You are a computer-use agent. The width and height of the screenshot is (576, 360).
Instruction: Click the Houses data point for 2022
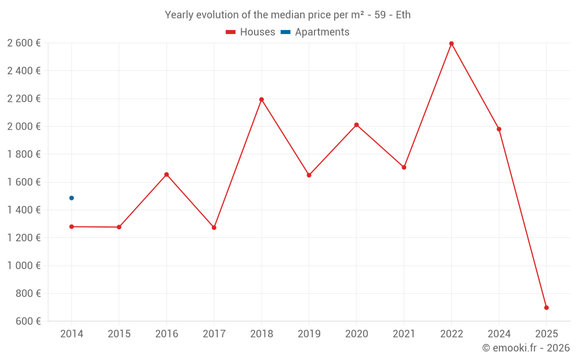pyautogui.click(x=451, y=44)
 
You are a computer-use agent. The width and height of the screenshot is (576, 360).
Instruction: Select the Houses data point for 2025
pyautogui.click(x=546, y=308)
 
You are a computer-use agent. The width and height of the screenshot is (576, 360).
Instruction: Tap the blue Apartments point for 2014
pyautogui.click(x=71, y=198)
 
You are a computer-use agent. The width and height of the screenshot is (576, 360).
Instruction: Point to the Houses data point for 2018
pyautogui.click(x=262, y=100)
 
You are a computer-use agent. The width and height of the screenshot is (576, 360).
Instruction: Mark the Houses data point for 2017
pyautogui.click(x=214, y=228)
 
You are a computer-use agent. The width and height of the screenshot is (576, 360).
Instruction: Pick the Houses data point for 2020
pyautogui.click(x=357, y=125)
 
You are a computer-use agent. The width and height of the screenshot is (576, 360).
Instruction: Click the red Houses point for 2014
pyautogui.click(x=71, y=227)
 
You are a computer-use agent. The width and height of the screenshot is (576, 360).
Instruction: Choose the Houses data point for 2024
pyautogui.click(x=499, y=129)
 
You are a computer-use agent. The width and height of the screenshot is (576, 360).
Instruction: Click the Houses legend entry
pyautogui.click(x=251, y=32)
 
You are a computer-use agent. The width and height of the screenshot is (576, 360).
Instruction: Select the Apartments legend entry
pyautogui.click(x=315, y=32)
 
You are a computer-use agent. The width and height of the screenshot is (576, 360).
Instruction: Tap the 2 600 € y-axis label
pyautogui.click(x=24, y=43)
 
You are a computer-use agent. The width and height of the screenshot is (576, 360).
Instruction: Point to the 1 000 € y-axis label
pyautogui.click(x=24, y=266)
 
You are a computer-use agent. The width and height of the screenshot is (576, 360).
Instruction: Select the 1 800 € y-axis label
pyautogui.click(x=24, y=154)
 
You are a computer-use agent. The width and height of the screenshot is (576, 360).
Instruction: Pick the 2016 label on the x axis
pyautogui.click(x=166, y=334)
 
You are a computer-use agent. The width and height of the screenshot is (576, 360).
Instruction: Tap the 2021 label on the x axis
pyautogui.click(x=404, y=334)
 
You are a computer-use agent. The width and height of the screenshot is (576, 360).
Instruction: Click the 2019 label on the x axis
pyautogui.click(x=309, y=334)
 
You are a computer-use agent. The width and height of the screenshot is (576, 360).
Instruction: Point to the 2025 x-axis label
pyautogui.click(x=546, y=334)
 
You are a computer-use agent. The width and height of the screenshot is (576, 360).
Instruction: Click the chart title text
pyautogui.click(x=287, y=15)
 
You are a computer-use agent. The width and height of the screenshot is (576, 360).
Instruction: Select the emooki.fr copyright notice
pyautogui.click(x=526, y=348)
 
